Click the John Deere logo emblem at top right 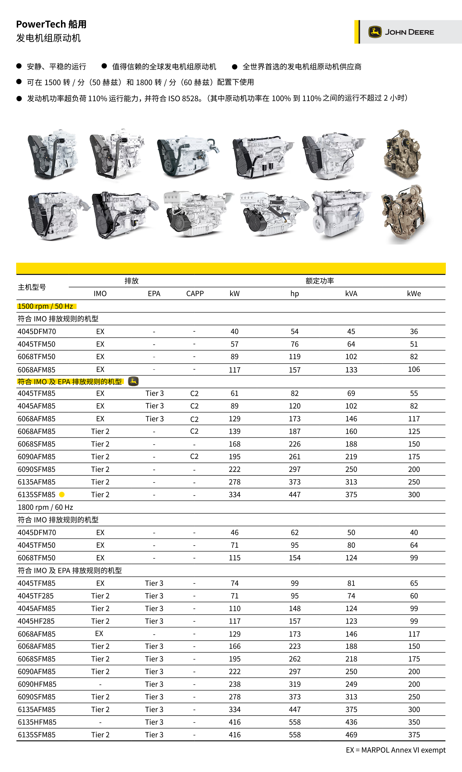(x=375, y=32)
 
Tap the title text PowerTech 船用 (x=51, y=24)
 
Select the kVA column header (x=351, y=293)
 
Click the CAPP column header (x=195, y=293)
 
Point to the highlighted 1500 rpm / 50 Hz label (x=45, y=306)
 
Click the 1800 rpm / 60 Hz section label (x=45, y=507)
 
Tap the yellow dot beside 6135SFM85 (x=62, y=495)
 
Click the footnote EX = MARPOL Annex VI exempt (x=395, y=750)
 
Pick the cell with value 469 (x=351, y=735)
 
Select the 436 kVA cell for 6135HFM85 (x=351, y=722)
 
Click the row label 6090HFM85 (x=37, y=684)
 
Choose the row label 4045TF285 (x=36, y=596)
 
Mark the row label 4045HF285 (x=36, y=621)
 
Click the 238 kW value (x=234, y=684)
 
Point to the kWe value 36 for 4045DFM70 (x=414, y=332)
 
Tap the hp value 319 (x=294, y=684)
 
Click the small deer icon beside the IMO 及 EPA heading (x=133, y=381)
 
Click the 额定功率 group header (x=320, y=281)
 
